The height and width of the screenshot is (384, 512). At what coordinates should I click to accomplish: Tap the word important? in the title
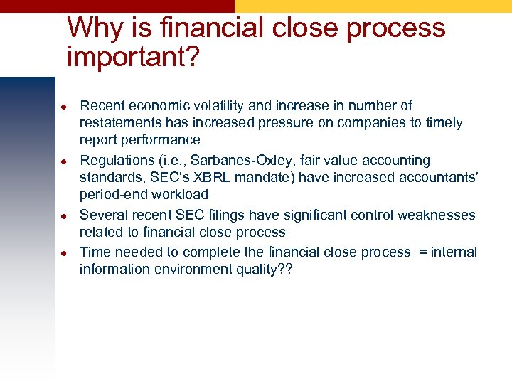coord(132,56)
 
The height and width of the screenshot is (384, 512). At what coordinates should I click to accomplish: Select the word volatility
coord(216,106)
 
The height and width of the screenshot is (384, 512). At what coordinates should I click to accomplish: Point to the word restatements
coord(117,123)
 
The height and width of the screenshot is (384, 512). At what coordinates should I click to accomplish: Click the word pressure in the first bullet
coord(295,123)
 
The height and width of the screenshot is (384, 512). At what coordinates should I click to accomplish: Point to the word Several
coord(102,215)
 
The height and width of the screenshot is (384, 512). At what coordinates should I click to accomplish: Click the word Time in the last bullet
coord(94,252)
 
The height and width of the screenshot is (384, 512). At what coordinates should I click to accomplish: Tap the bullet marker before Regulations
coord(63,161)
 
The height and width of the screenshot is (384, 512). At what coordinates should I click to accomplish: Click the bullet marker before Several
coord(63,215)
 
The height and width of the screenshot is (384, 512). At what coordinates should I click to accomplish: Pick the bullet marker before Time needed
coord(63,253)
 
